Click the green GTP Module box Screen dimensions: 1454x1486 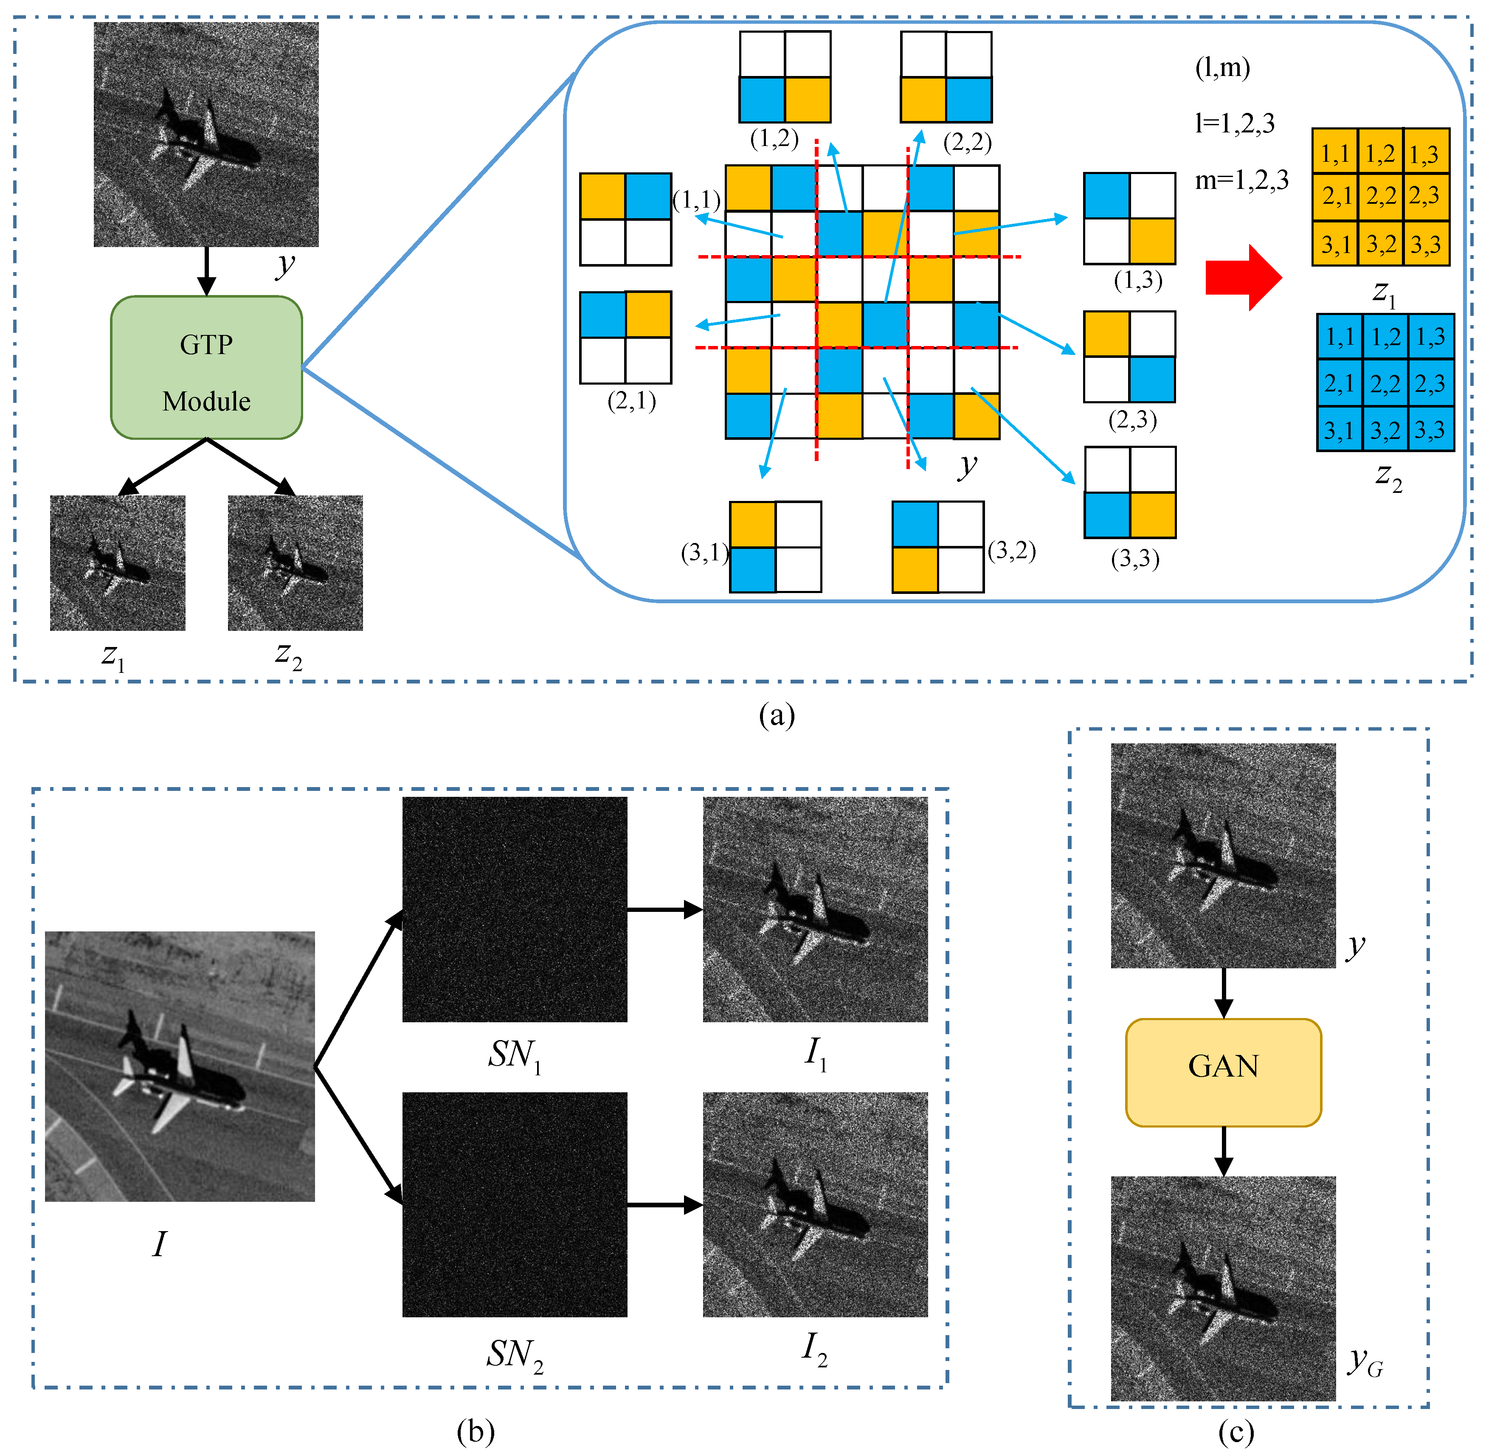[206, 367]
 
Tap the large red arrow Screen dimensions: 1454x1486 [1242, 277]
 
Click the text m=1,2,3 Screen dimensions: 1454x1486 [1241, 180]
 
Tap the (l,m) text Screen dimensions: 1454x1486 [1222, 68]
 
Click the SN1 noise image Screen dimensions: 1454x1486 [515, 909]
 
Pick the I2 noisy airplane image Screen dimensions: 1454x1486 [815, 1204]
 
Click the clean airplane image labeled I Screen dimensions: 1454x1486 [180, 1066]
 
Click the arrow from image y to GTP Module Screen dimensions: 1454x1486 [206, 272]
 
